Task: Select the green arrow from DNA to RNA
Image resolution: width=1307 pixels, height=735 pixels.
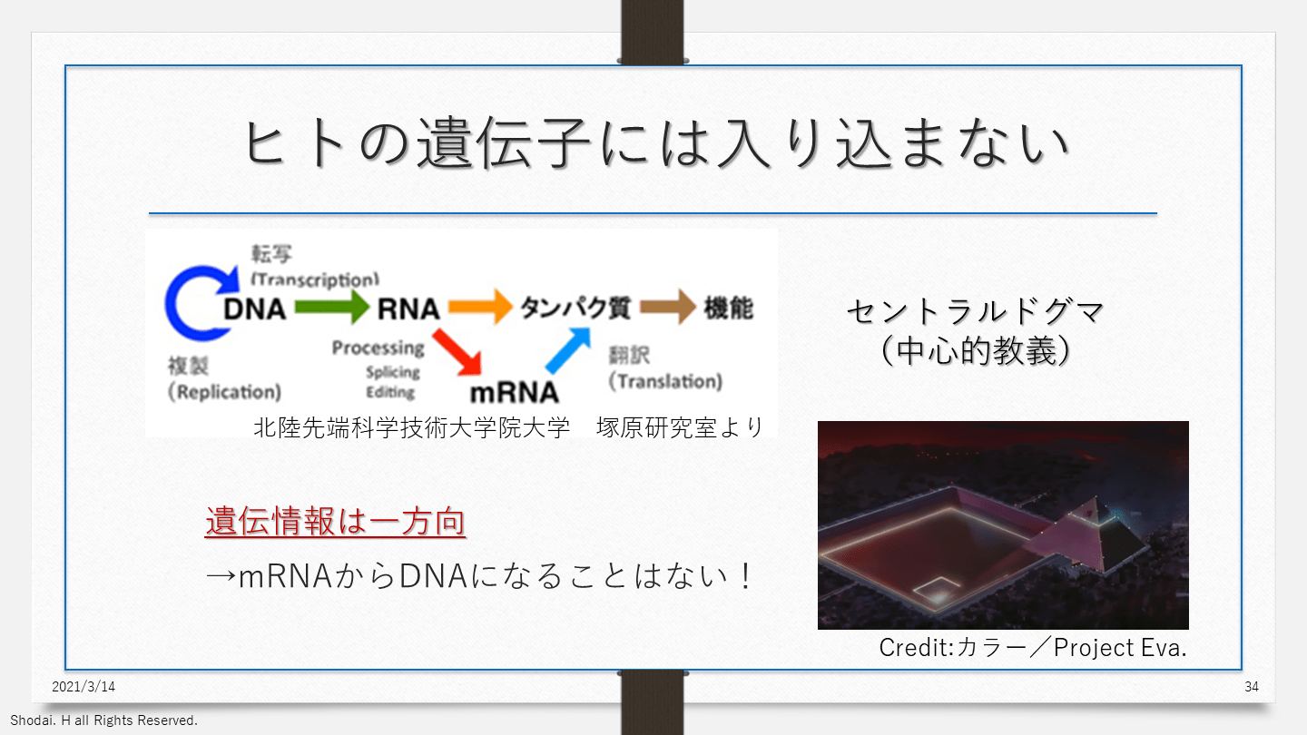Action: pos(332,309)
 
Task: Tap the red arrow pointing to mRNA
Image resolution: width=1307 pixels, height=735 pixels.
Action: pos(457,351)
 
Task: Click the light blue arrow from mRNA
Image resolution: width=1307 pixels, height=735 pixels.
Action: pos(567,350)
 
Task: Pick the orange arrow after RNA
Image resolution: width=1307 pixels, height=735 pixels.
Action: pos(480,308)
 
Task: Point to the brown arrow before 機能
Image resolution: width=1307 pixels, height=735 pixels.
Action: pos(667,308)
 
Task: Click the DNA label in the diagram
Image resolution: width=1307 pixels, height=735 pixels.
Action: pos(255,309)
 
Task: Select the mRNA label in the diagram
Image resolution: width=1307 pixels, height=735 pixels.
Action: pos(514,392)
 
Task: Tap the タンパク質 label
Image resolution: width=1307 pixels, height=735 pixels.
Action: pos(575,308)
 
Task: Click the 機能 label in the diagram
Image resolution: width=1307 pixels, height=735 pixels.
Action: pos(729,308)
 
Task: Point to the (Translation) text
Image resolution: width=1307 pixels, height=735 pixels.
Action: pos(665,381)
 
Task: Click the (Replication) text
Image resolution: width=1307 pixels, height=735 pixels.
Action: pos(225,392)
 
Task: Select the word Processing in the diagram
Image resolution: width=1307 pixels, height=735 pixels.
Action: pos(378,348)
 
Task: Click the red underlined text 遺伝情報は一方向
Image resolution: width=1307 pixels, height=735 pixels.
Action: pos(335,523)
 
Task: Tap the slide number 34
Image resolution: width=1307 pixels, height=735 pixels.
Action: pos(1252,687)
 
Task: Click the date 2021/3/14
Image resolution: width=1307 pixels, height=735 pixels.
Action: pos(84,687)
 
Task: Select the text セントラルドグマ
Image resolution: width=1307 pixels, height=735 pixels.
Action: pos(975,312)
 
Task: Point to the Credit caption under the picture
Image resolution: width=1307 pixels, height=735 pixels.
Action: pos(1033,648)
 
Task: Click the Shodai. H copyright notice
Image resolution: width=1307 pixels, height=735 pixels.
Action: pos(103,720)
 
